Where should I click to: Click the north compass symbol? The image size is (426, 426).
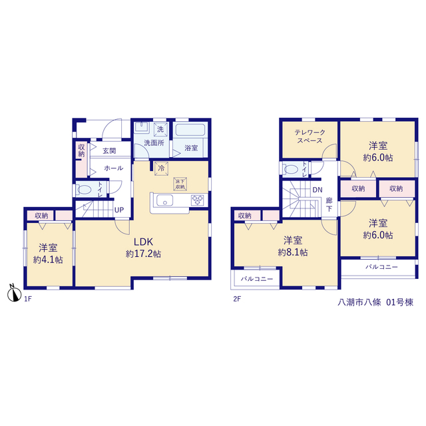coord(14,294)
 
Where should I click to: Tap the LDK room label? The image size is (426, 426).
coord(143,242)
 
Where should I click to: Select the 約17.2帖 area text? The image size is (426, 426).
coord(143,254)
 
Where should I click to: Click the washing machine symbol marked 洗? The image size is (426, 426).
coord(160,129)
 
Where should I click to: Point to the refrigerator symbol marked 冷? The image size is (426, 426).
coord(161,168)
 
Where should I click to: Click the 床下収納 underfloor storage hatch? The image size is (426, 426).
coord(180,184)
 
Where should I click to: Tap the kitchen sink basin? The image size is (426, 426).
coord(164,200)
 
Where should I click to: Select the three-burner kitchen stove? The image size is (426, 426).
coord(198,200)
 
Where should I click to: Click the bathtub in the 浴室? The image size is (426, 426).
coord(190,130)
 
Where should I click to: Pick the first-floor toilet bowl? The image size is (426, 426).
coord(85,189)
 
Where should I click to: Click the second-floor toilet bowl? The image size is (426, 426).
coord(291,169)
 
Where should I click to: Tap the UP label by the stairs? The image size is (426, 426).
coord(119,210)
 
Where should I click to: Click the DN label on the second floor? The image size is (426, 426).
coord(318,190)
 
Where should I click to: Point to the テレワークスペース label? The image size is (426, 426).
coord(310,136)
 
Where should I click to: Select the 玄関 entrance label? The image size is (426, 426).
coord(109,151)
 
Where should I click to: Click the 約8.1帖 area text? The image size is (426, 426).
coord(293,252)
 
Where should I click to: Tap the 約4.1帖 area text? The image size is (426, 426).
coord(48,260)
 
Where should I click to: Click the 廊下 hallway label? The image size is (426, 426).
coord(329,204)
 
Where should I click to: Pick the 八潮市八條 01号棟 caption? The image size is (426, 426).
coord(375,302)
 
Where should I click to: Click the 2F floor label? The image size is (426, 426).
coord(237,299)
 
